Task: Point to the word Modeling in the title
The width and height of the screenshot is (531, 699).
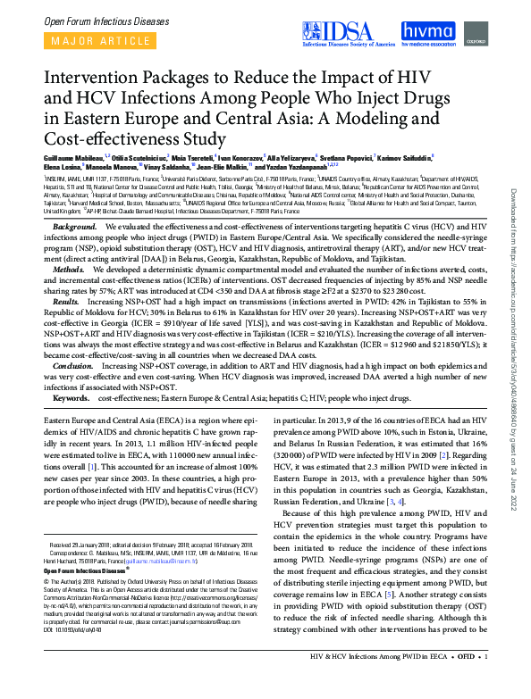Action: point(389,118)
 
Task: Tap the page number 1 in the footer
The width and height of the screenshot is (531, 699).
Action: point(485,684)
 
